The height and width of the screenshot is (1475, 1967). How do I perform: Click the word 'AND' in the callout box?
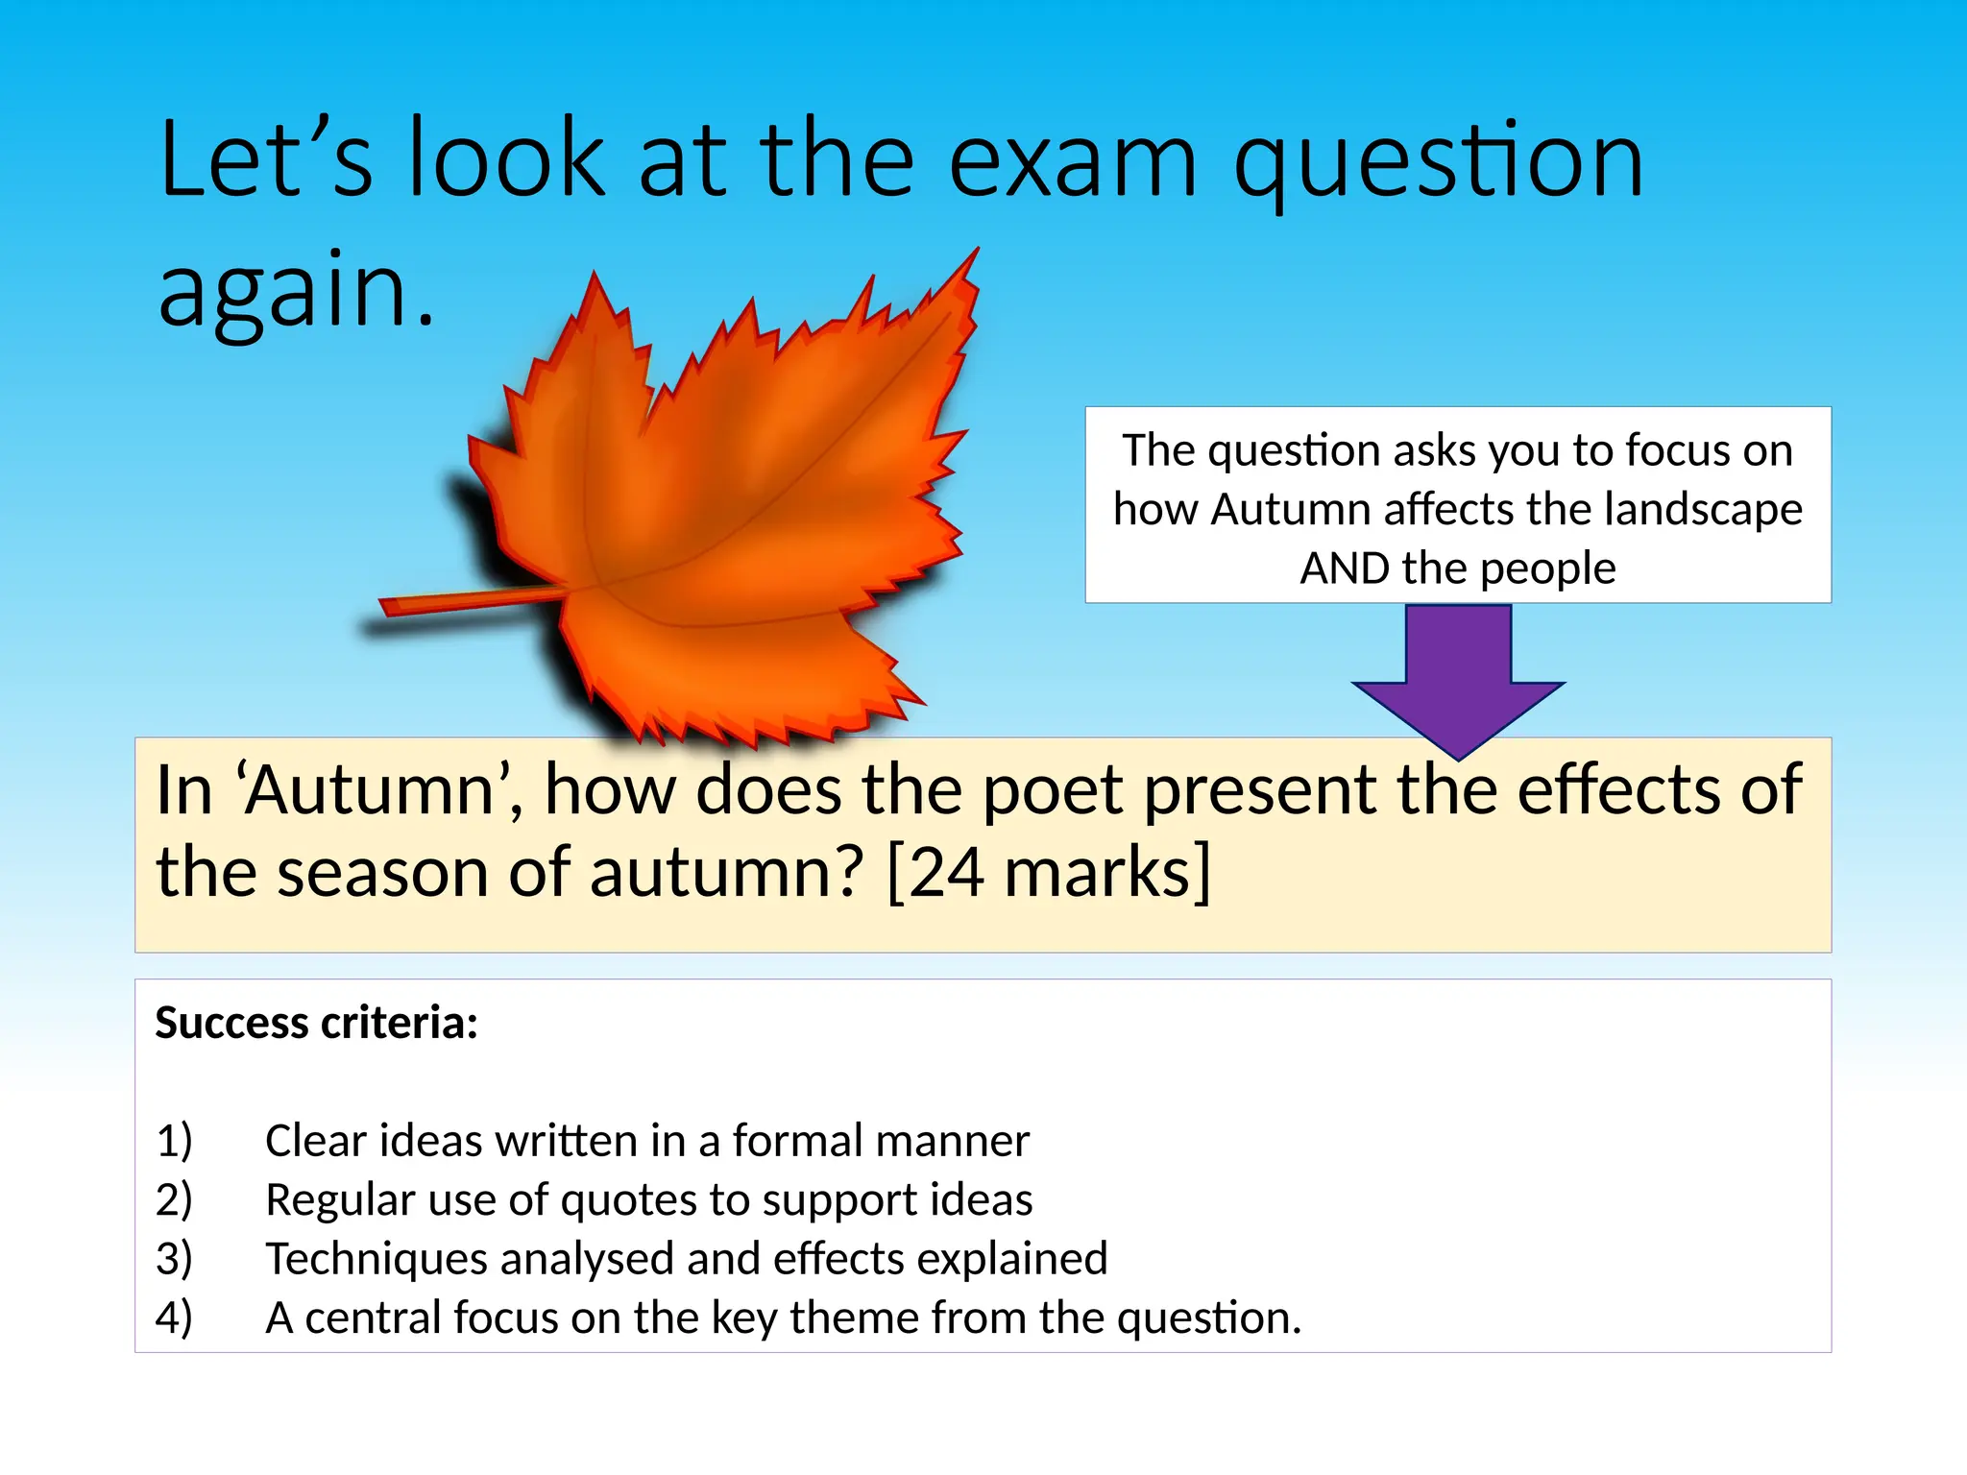1345,568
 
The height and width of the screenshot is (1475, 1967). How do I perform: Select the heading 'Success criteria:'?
317,1023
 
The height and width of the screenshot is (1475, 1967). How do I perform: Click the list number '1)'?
174,1141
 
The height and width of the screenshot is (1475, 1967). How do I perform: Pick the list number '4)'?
174,1318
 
